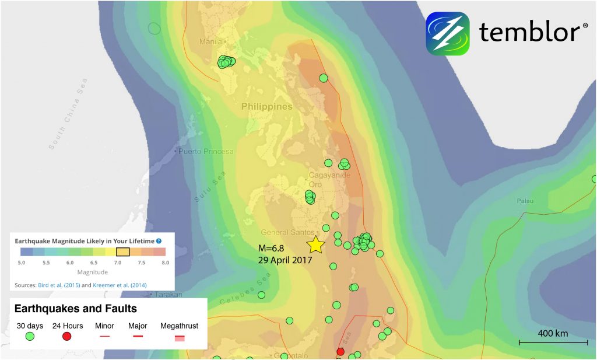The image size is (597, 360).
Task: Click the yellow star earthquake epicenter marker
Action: point(315,244)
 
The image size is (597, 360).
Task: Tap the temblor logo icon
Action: point(447,33)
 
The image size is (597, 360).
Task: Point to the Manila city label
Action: point(211,41)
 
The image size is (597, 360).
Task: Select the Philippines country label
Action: point(267,107)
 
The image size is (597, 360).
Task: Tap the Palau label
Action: point(525,201)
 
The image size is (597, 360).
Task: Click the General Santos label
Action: point(283,232)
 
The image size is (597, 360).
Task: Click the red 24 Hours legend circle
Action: point(66,337)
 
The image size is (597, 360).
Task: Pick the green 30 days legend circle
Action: point(30,337)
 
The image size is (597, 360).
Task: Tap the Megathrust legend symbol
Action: point(180,337)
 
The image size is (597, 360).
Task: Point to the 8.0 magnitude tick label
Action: point(166,264)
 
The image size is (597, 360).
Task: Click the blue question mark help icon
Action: point(159,240)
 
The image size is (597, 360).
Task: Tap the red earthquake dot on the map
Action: point(340,351)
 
